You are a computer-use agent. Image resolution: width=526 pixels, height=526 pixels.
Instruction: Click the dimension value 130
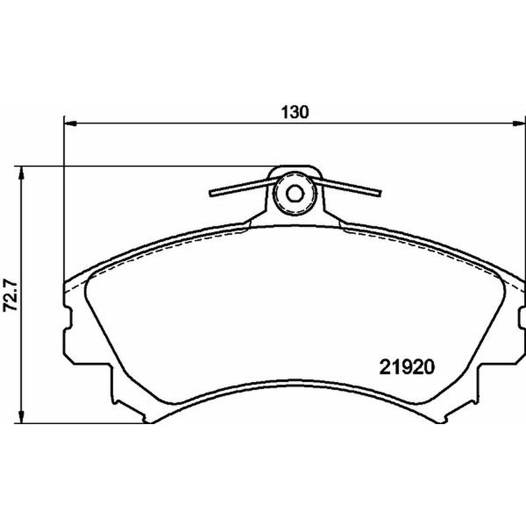(x=295, y=111)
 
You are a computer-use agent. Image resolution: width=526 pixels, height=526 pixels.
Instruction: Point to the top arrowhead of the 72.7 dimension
(x=22, y=172)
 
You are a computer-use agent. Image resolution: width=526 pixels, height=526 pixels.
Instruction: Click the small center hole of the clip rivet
(x=295, y=193)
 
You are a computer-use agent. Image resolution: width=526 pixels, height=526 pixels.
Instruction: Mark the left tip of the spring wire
(x=212, y=193)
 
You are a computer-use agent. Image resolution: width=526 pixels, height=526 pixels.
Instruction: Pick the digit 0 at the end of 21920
(x=431, y=366)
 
